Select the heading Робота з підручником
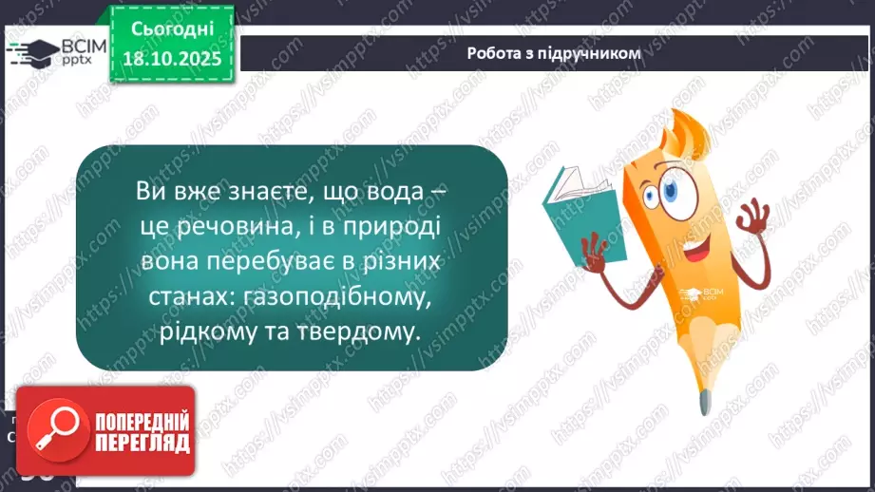pos(554,54)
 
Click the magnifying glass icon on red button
pos(55,432)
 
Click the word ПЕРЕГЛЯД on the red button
pos(141,444)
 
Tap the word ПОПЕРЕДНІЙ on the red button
pos(141,422)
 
